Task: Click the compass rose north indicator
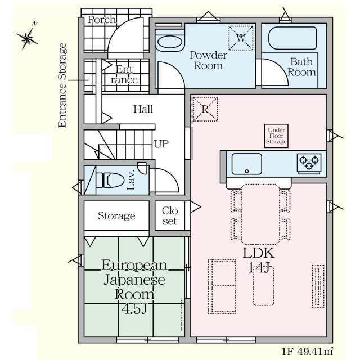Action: (x=28, y=36)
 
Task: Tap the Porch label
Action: (x=102, y=20)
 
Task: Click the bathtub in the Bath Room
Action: (x=292, y=38)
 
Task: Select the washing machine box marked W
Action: (x=241, y=38)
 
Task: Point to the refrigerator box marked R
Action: (x=205, y=109)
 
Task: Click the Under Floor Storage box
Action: (x=276, y=136)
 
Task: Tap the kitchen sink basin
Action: (x=246, y=164)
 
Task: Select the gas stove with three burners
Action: (x=309, y=164)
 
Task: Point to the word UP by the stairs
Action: (x=161, y=144)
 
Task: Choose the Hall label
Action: (x=143, y=109)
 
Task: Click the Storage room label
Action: (x=116, y=216)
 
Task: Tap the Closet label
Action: (x=170, y=216)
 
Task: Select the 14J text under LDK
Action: (x=259, y=267)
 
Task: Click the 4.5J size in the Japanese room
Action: (x=134, y=309)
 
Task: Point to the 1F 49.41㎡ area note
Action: (x=307, y=351)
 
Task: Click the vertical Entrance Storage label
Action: (x=62, y=85)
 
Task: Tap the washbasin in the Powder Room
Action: (x=170, y=42)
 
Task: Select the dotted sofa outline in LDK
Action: (x=222, y=286)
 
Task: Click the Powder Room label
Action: (x=209, y=60)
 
